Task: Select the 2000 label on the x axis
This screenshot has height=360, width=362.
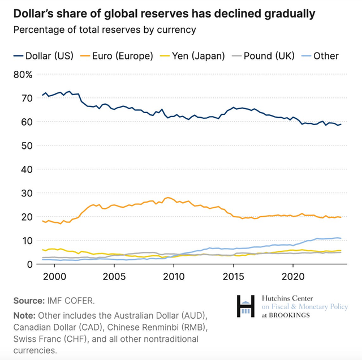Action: click(54, 277)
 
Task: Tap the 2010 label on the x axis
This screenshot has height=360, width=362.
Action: click(174, 277)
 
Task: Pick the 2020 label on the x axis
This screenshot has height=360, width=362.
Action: click(294, 277)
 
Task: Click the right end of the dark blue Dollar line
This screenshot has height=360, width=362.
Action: click(341, 124)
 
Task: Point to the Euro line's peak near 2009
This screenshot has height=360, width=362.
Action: click(167, 198)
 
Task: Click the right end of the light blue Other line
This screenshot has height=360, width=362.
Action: click(341, 238)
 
